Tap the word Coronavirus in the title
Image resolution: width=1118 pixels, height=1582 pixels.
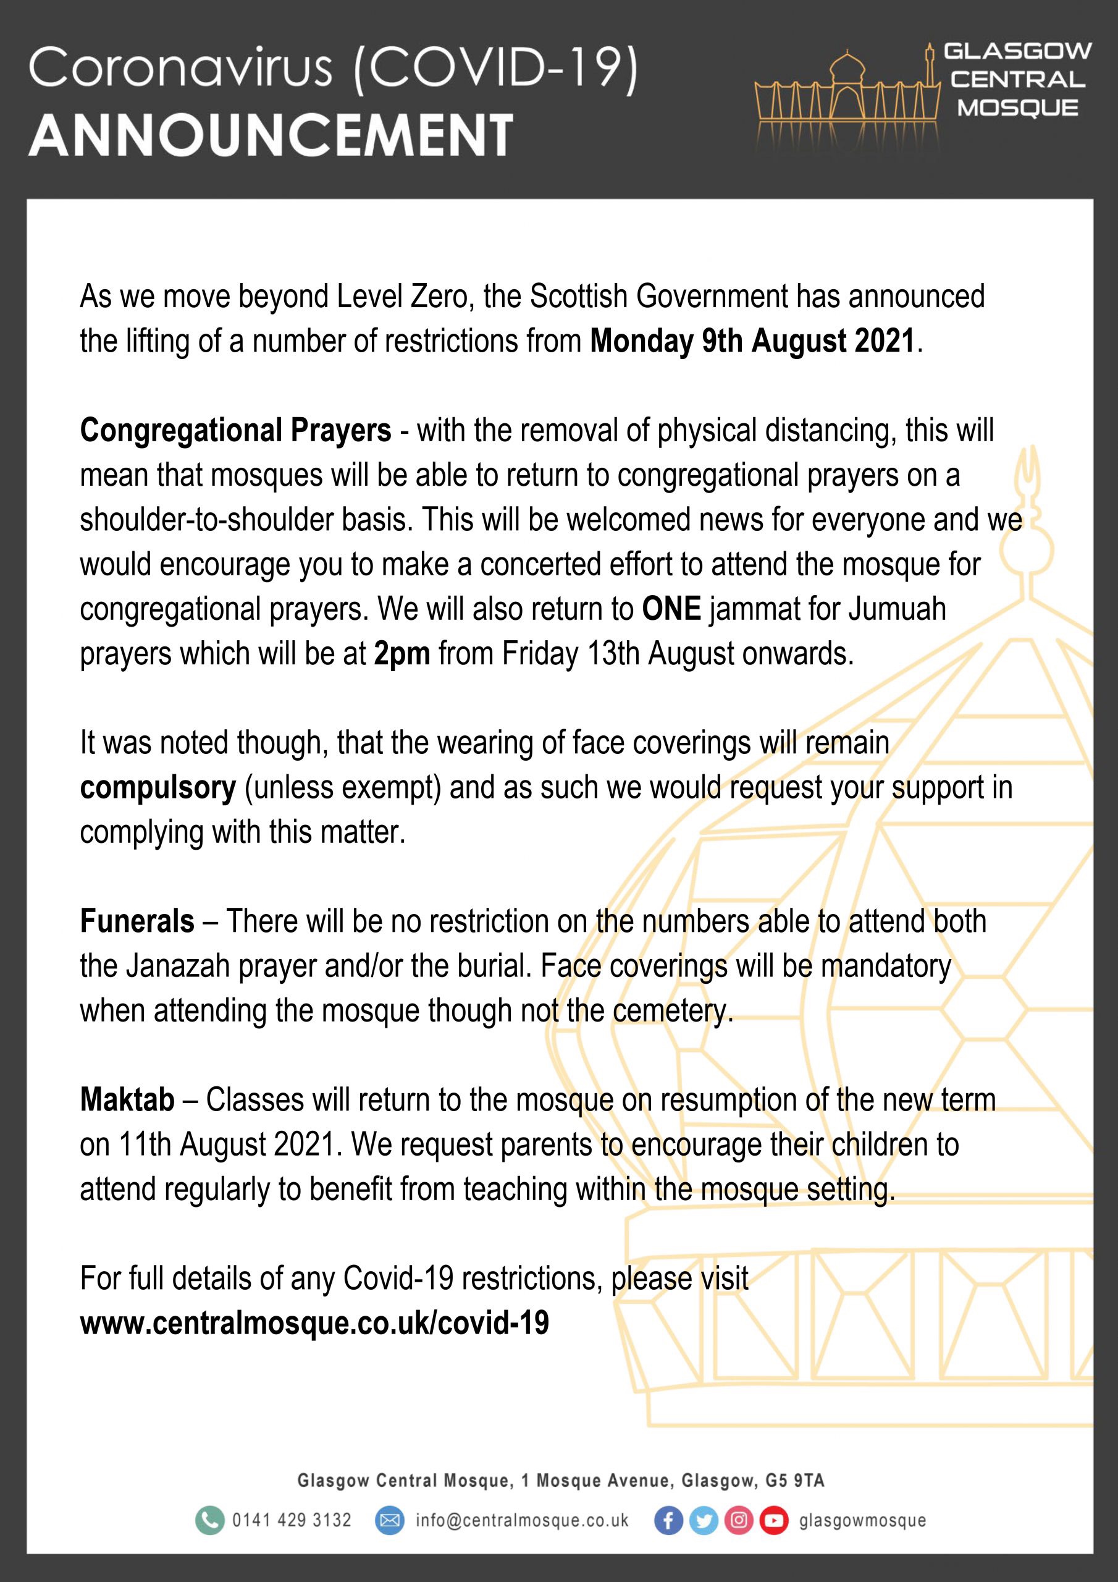click(x=180, y=69)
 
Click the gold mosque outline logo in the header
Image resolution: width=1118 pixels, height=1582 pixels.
click(x=848, y=93)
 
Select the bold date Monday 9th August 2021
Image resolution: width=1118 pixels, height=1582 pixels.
click(x=752, y=342)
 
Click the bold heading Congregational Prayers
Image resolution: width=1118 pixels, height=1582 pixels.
click(x=235, y=431)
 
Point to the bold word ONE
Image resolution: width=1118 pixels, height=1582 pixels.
click(x=671, y=609)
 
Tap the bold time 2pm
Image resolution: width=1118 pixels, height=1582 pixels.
click(x=401, y=654)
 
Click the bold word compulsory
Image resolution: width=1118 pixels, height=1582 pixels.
click(x=158, y=787)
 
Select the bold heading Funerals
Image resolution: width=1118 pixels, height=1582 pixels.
click(x=137, y=921)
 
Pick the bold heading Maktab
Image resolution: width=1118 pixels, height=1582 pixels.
click(x=127, y=1100)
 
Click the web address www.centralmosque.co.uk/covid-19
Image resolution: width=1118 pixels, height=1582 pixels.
click(x=314, y=1323)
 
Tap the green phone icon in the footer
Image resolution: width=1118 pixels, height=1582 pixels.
click(x=209, y=1521)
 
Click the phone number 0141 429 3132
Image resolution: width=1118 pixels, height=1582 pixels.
click(x=292, y=1521)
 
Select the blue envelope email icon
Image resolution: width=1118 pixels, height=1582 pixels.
click(x=389, y=1521)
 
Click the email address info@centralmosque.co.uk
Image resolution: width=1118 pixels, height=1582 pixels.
click(x=521, y=1521)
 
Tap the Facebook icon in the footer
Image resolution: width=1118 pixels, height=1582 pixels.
click(x=668, y=1521)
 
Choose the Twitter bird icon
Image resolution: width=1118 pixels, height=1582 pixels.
click(x=704, y=1521)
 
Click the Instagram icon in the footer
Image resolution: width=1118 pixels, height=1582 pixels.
click(x=739, y=1521)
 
